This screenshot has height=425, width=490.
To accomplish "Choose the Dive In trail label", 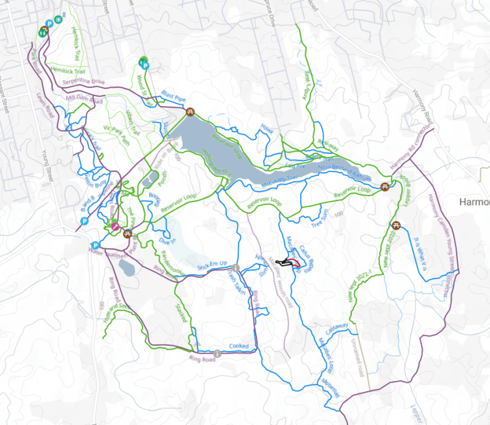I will tap(168, 242).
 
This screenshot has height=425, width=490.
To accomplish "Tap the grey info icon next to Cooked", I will tap(217, 353).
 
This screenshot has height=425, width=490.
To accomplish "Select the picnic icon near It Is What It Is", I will tap(395, 226).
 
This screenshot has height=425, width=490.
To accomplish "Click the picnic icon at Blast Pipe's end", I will tap(191, 112).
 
